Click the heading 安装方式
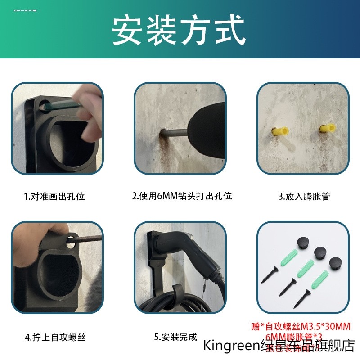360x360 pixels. pyautogui.click(x=179, y=30)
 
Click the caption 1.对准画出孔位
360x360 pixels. pyautogui.click(x=54, y=196)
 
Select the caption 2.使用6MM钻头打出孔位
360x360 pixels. pyautogui.click(x=182, y=196)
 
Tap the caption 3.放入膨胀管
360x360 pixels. pyautogui.click(x=304, y=196)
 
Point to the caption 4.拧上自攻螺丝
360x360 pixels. pyautogui.click(x=55, y=337)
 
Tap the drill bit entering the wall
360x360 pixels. pyautogui.click(x=173, y=133)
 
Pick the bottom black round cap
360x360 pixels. pyautogui.click(x=336, y=264)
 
